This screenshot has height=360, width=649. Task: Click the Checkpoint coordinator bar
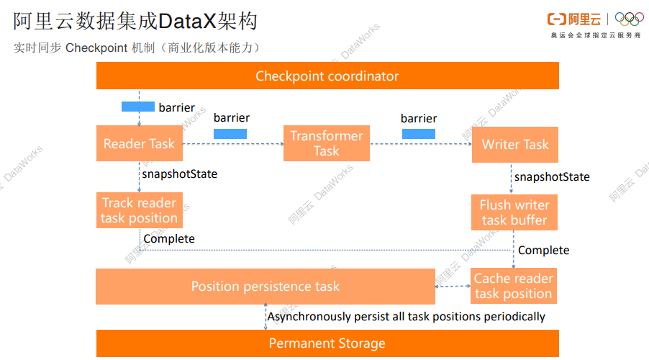327,76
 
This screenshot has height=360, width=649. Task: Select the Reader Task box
139,143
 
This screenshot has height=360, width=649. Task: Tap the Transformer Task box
326,143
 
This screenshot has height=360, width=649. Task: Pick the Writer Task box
514,144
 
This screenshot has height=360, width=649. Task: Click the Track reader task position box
139,210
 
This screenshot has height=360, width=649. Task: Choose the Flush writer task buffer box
514,212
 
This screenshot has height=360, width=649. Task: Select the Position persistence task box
265,287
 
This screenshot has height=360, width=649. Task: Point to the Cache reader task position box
514,286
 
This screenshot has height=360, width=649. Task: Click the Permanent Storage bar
327,343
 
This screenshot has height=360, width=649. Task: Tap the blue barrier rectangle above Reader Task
137,107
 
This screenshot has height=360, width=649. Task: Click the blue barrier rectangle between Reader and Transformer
230,133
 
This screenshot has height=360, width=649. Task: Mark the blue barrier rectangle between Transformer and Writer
418,133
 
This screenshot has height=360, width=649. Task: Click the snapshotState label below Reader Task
179,174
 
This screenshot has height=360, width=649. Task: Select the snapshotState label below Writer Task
552,176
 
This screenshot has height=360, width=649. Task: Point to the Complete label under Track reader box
169,238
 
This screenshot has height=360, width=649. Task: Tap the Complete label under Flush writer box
544,250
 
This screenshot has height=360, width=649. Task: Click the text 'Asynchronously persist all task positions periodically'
407,316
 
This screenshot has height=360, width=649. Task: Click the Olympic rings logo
629,19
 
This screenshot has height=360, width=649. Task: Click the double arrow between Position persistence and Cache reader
453,286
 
